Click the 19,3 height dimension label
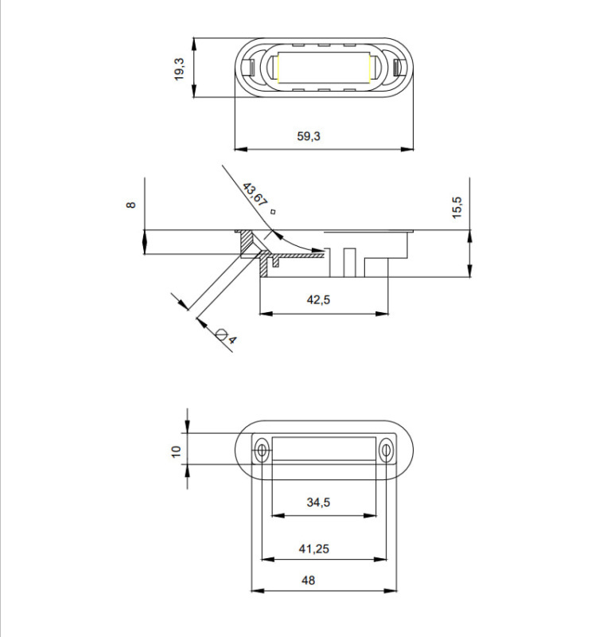180,69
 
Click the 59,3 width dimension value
309,136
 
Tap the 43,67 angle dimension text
255,194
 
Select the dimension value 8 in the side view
130,205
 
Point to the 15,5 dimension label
457,208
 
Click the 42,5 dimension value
319,300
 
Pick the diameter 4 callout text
231,340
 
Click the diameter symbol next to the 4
221,334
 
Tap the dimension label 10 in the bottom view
176,451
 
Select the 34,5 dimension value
319,502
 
